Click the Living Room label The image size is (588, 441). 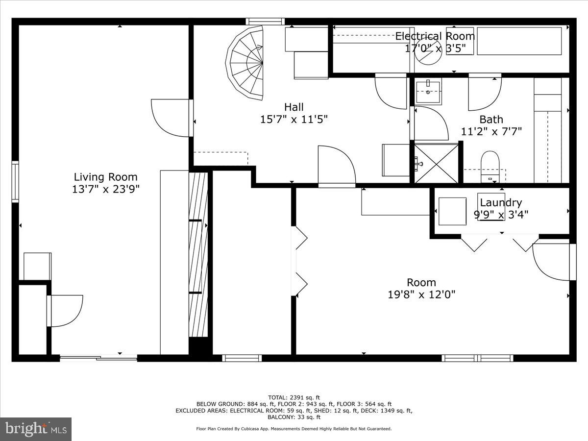click(105, 177)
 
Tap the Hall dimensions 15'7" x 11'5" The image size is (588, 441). click(294, 119)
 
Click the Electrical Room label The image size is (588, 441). click(435, 36)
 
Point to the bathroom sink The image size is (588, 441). click(428, 91)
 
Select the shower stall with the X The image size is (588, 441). click(436, 164)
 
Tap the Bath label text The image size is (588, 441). click(491, 119)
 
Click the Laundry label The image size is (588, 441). click(500, 202)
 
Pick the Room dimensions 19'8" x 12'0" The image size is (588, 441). click(421, 294)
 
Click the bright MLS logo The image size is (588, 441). click(36, 429)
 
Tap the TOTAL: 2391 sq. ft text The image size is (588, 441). click(294, 397)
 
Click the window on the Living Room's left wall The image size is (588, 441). click(15, 181)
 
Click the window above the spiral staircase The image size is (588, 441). click(265, 22)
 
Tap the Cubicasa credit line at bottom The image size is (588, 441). click(294, 429)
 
